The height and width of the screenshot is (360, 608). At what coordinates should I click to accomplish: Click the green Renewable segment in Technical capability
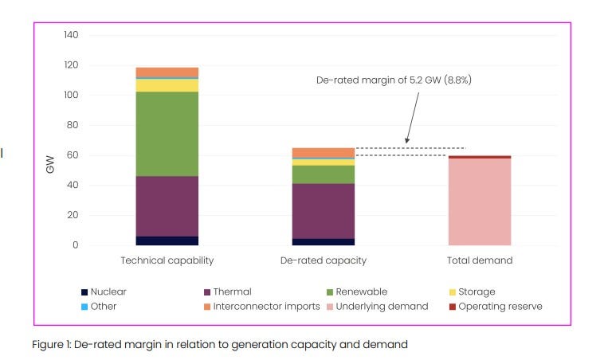pyautogui.click(x=167, y=134)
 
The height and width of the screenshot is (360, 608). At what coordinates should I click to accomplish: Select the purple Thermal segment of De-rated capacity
pyautogui.click(x=323, y=211)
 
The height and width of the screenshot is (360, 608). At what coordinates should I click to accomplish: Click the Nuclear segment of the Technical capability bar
pyautogui.click(x=167, y=241)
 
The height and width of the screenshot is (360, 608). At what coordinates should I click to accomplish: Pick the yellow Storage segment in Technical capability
pyautogui.click(x=167, y=85)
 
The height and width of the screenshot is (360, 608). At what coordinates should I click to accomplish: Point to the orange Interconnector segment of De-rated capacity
pyautogui.click(x=323, y=153)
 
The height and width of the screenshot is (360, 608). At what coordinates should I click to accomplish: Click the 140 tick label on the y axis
pyautogui.click(x=71, y=36)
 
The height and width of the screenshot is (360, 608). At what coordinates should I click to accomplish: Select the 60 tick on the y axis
pyautogui.click(x=73, y=155)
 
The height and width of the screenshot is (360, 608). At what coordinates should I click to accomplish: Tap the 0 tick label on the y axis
pyautogui.click(x=76, y=245)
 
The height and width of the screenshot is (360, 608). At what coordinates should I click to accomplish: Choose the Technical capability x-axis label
pyautogui.click(x=167, y=260)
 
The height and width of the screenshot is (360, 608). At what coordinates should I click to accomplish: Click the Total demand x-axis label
pyautogui.click(x=480, y=260)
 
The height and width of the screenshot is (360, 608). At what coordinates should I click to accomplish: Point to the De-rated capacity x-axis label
pyautogui.click(x=323, y=260)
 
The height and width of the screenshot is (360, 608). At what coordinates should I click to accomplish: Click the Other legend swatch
pyautogui.click(x=84, y=306)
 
